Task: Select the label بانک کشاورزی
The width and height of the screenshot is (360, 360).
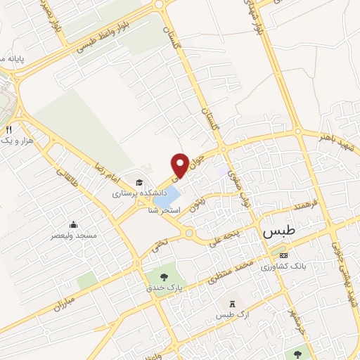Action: [x=285, y=266]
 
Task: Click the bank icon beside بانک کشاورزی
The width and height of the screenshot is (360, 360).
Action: [x=283, y=255]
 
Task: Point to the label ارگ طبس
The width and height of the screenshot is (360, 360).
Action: [x=233, y=314]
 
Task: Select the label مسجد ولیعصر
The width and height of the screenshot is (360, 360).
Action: [x=74, y=237]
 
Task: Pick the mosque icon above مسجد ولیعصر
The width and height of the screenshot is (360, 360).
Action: [x=74, y=226]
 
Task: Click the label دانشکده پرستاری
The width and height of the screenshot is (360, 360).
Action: [x=139, y=191]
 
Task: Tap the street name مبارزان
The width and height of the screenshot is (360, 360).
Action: [x=63, y=302]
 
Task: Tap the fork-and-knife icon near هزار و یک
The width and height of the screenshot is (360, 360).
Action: [x=8, y=129]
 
